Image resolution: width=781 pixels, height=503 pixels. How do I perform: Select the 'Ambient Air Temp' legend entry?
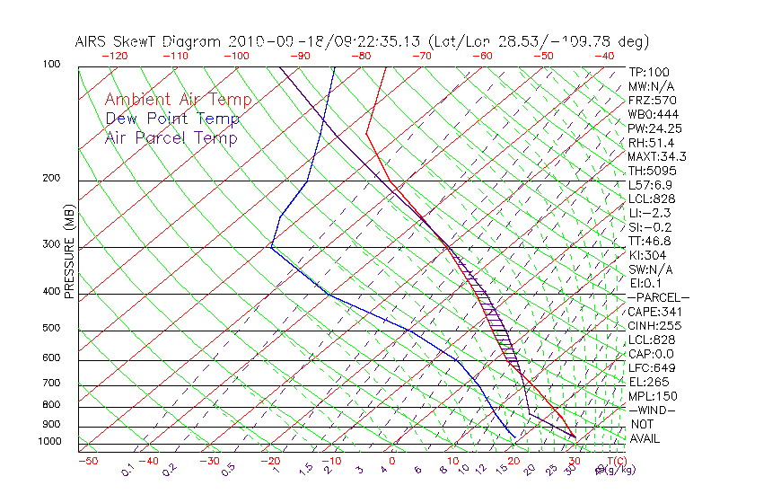pos(179,100)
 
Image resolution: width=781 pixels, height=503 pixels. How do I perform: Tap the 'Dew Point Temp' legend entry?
pos(172,119)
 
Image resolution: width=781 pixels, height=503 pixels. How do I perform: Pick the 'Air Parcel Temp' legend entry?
pos(171,137)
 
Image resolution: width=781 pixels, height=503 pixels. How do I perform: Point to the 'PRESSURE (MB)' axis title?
pos(69,252)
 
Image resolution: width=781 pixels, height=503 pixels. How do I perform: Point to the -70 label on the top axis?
pos(421,56)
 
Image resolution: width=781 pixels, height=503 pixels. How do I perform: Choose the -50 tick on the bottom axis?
pos(87,462)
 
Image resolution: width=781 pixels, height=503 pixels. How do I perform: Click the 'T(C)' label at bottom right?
pos(616,461)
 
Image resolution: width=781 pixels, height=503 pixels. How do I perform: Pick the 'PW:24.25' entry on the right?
pos(655,128)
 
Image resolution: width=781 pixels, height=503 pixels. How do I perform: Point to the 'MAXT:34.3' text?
pos(658,156)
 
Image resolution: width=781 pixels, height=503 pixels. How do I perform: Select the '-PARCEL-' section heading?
pos(659,297)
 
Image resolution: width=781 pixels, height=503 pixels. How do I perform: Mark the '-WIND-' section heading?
pos(652,410)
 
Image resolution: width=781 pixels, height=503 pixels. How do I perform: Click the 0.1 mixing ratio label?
pos(127,469)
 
